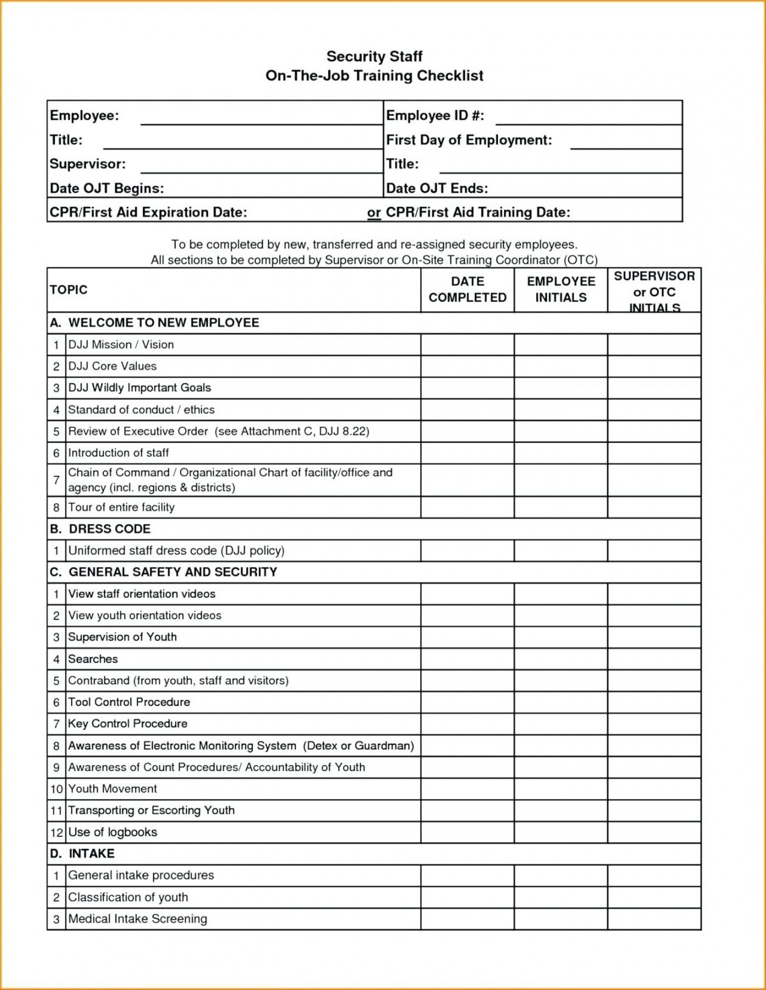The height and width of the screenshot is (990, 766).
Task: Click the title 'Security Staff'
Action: (x=374, y=57)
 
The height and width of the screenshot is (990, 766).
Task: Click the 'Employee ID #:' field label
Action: (x=435, y=115)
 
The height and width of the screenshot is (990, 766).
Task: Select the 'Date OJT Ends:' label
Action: (x=436, y=188)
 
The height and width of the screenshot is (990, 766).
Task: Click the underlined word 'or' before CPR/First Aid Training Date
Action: (x=373, y=213)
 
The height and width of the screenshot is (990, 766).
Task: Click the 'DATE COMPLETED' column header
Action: (x=467, y=289)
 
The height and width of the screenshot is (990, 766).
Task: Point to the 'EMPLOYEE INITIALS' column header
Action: (x=561, y=289)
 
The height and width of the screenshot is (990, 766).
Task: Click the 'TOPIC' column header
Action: (x=69, y=290)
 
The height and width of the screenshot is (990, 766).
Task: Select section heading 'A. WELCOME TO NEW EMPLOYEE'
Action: (x=154, y=323)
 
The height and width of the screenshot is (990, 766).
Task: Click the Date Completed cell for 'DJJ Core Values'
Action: (x=467, y=366)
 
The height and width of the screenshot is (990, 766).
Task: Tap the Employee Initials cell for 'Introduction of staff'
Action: (x=561, y=453)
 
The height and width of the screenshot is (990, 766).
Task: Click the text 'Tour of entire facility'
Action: (x=121, y=507)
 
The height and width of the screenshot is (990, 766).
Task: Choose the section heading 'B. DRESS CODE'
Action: (x=100, y=529)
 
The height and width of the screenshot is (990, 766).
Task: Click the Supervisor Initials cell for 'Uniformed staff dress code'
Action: (x=654, y=551)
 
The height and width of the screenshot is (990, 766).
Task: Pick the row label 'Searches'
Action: (x=93, y=659)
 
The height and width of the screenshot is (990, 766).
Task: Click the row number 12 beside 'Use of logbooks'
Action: (x=57, y=833)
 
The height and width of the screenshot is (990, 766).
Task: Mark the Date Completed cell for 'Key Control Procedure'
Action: (x=467, y=724)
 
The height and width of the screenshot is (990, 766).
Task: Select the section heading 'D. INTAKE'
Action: (x=82, y=854)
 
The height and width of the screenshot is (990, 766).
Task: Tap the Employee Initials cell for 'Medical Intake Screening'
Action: (x=561, y=919)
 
